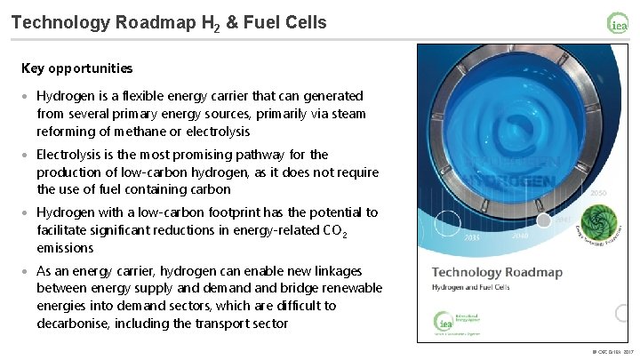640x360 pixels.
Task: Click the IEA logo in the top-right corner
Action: point(618,23)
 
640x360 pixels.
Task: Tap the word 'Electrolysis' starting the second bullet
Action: point(70,154)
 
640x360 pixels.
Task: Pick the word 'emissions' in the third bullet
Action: point(66,248)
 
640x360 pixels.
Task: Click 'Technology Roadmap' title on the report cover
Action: point(497,272)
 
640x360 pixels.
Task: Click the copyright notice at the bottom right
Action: point(612,353)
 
